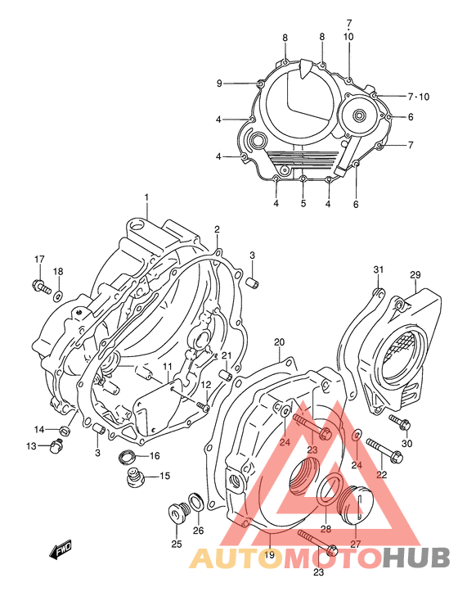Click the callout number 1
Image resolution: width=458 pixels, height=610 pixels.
[146, 197]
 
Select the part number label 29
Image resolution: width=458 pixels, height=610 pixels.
[415, 274]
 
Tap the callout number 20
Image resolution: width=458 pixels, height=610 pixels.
[279, 341]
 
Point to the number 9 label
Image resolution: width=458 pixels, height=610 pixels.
[219, 84]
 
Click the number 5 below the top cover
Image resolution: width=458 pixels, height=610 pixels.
[303, 203]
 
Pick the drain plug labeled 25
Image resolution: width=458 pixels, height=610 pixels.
[177, 514]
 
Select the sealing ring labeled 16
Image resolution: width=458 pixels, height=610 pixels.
[129, 456]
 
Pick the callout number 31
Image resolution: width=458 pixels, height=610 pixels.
[378, 270]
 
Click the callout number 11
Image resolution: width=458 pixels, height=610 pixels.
[166, 366]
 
